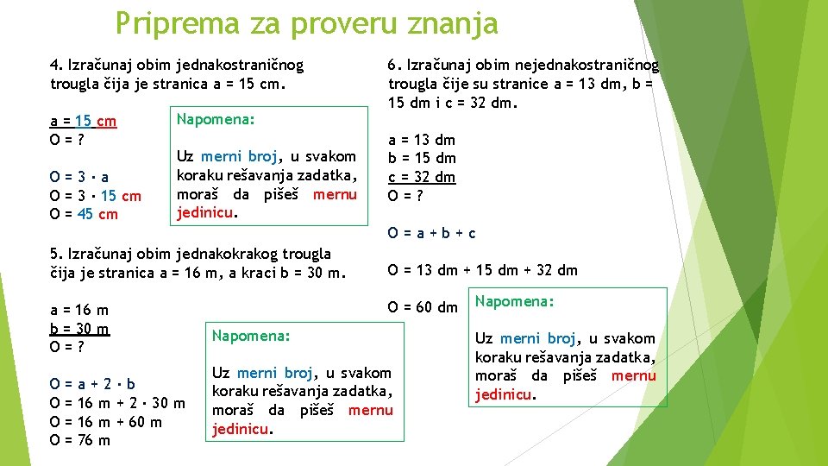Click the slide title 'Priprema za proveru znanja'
(x=306, y=23)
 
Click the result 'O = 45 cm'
(x=84, y=214)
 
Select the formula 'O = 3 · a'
(x=78, y=177)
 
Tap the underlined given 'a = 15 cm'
(x=84, y=121)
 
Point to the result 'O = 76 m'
(x=80, y=440)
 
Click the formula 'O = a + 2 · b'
(x=92, y=384)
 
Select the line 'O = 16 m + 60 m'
(x=106, y=422)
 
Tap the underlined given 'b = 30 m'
(x=80, y=328)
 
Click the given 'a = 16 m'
(x=79, y=310)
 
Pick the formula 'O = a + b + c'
(x=432, y=233)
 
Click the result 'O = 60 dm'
(x=423, y=307)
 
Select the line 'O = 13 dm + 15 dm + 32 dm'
(x=483, y=270)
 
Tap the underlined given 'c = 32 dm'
(x=422, y=177)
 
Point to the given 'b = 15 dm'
(x=422, y=158)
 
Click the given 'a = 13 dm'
(x=422, y=140)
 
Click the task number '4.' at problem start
(x=57, y=65)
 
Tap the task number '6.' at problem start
(x=395, y=65)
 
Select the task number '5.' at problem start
(x=57, y=254)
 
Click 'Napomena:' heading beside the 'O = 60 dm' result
(x=515, y=301)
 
